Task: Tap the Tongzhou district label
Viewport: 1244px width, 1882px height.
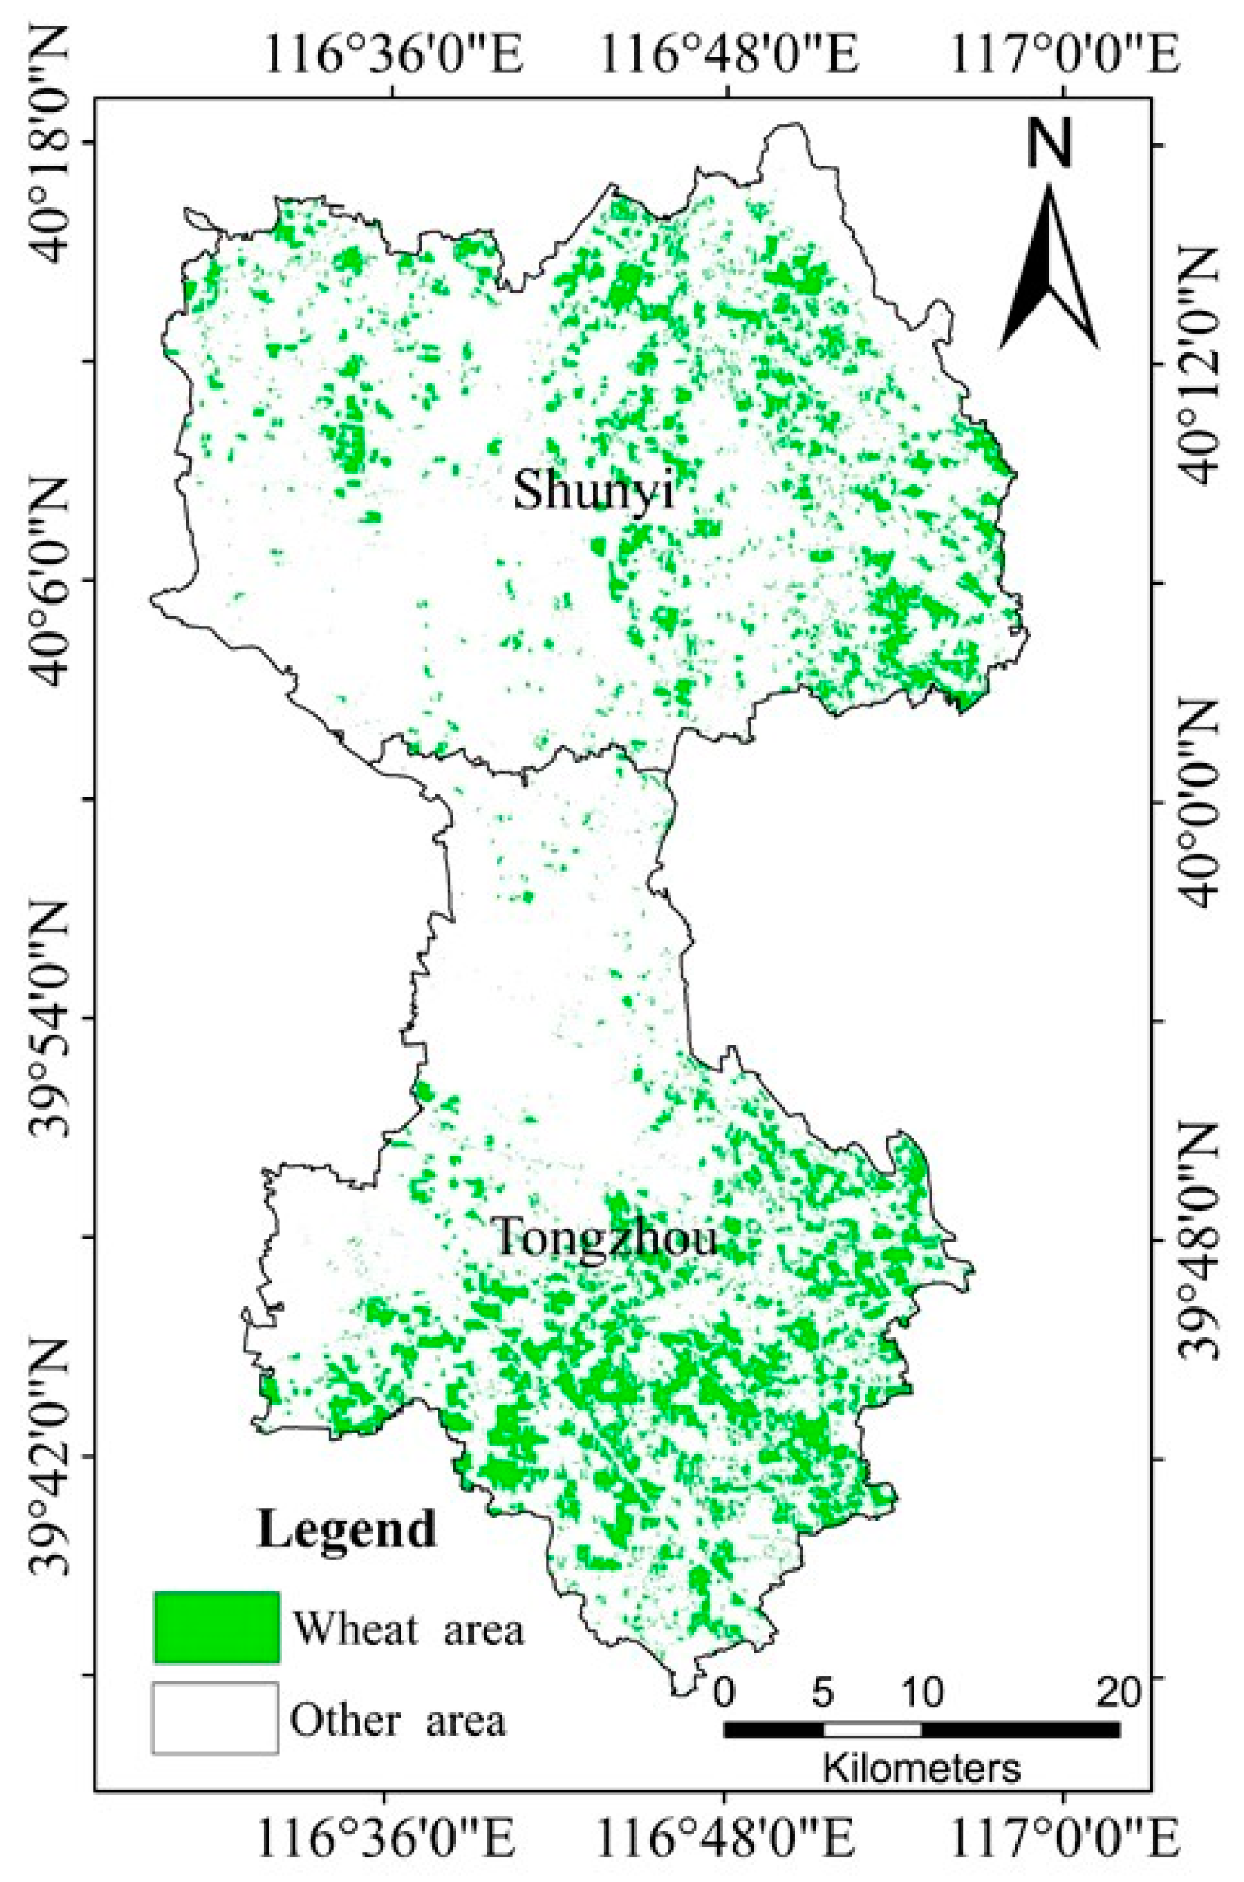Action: [x=607, y=1239]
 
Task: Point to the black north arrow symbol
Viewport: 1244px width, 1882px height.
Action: [x=1049, y=269]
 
